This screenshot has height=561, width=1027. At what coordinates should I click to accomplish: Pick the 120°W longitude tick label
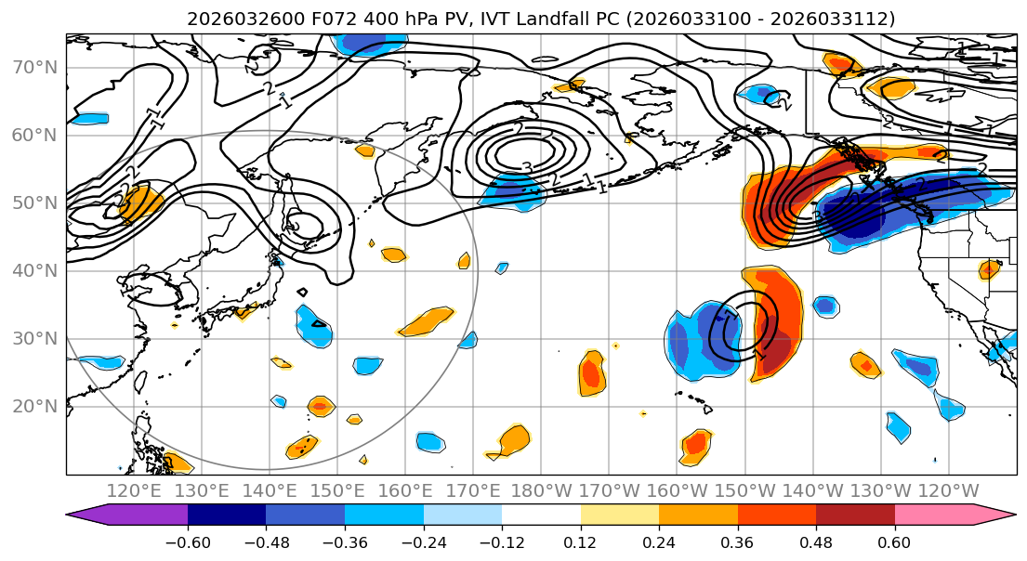[948, 490]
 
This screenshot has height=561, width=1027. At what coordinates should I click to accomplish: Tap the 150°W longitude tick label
[744, 490]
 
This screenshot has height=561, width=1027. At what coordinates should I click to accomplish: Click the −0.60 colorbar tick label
[188, 541]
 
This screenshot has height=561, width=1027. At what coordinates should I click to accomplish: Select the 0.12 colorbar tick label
[580, 541]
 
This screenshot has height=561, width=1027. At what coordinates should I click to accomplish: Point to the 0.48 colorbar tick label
[816, 541]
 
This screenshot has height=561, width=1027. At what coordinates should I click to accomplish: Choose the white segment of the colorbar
[541, 515]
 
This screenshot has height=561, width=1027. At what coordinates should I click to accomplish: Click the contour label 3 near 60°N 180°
[526, 168]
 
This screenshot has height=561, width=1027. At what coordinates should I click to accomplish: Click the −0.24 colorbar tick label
[423, 541]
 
